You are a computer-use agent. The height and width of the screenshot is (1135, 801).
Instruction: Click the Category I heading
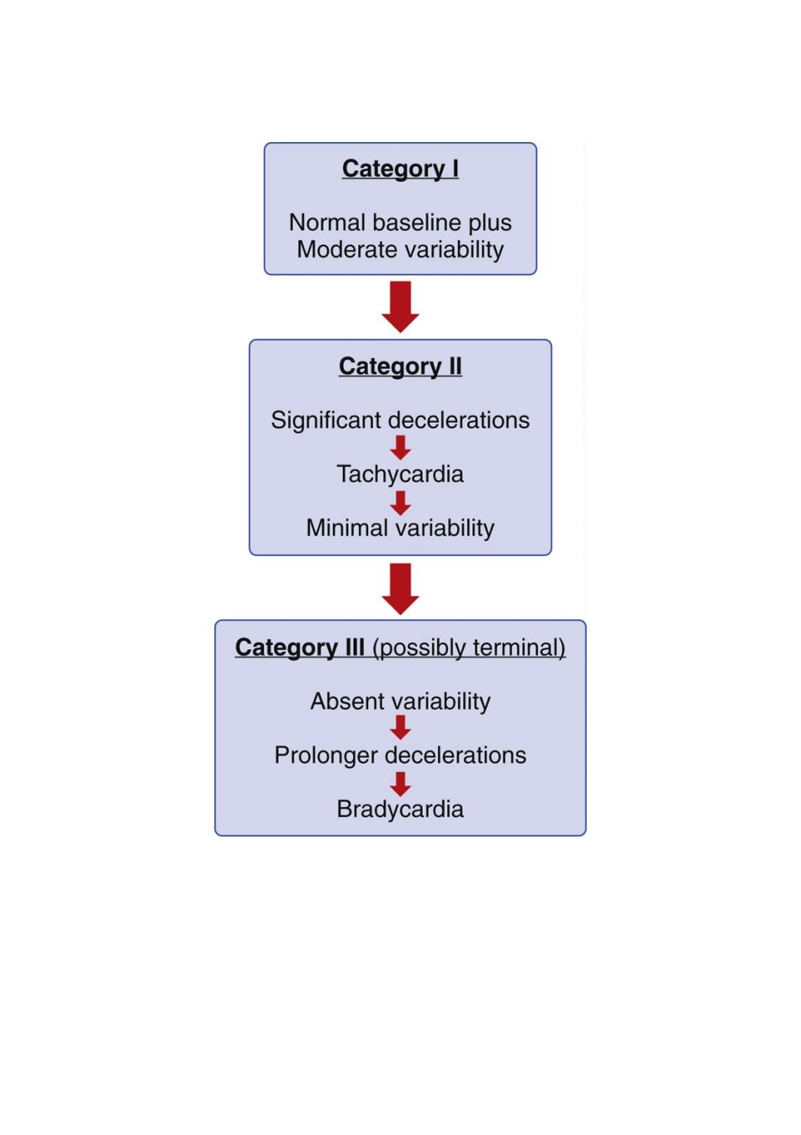coord(400,169)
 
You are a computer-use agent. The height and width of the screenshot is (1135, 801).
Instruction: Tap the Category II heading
coord(400,367)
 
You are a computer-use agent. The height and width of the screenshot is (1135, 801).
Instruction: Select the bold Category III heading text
coord(299,647)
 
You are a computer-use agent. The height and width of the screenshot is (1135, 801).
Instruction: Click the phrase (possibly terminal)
coord(469,648)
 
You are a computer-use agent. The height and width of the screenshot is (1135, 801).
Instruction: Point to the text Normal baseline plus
coord(400,223)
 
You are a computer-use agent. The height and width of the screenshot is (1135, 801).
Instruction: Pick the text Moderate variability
coord(400,250)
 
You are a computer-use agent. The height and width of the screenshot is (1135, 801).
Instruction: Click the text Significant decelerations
coord(400,420)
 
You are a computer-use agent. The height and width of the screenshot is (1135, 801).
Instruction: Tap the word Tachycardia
coord(400,475)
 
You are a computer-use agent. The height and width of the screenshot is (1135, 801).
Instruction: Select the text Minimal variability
coord(400,529)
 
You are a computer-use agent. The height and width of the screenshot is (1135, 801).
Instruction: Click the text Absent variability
coord(400,702)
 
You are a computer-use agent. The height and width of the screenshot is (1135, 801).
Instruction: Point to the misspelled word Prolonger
coord(327,756)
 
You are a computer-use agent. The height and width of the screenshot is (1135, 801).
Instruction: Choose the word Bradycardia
coord(400,809)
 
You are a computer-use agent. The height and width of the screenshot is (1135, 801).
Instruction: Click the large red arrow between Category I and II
coord(400,307)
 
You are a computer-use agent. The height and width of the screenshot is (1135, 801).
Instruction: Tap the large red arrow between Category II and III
coord(400,589)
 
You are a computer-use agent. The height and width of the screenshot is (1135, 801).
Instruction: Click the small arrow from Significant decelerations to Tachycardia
coord(400,448)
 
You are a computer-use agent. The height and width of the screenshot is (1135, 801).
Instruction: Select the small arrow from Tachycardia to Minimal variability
coord(400,503)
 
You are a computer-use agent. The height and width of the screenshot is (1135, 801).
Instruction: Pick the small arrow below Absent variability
coord(400,727)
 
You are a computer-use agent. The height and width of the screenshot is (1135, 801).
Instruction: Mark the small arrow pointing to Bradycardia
coord(400,784)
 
